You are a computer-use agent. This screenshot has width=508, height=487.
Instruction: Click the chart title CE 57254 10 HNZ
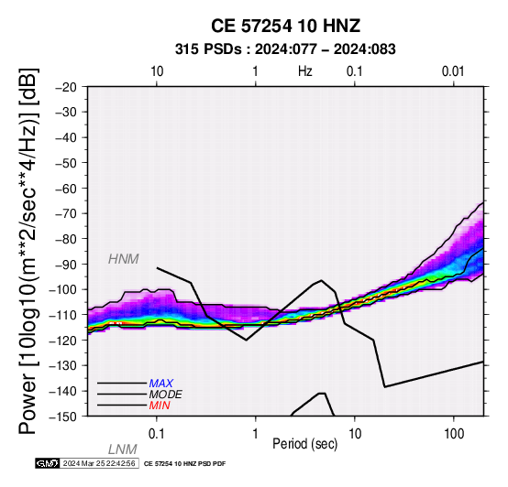[285, 26]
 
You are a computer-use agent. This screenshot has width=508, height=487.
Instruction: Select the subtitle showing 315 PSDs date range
[285, 49]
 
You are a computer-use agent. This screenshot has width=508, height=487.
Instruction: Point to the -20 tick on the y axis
[66, 87]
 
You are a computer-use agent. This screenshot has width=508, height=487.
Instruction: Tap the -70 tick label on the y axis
[66, 214]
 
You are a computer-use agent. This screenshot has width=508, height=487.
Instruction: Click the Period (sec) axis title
[304, 444]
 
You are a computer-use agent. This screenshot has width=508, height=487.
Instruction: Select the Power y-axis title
[28, 251]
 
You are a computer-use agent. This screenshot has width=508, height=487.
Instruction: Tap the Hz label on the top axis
[304, 71]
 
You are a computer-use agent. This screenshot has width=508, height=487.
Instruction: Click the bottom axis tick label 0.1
[157, 434]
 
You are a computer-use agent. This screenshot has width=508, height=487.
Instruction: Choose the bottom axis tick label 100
[454, 434]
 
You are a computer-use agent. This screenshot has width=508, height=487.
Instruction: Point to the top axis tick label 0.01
[454, 71]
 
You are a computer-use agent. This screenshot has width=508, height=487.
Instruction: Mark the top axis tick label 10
[157, 71]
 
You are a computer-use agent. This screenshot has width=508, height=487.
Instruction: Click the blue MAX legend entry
[161, 384]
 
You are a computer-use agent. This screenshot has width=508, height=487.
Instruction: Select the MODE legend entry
[166, 395]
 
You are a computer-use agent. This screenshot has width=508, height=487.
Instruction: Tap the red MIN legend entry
[160, 406]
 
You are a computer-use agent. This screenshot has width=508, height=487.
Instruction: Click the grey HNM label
[124, 259]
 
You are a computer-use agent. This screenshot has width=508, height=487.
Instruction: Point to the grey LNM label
[123, 449]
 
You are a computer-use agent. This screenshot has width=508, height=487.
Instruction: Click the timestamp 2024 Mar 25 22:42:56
[99, 463]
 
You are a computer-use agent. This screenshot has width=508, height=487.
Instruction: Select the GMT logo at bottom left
[48, 463]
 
